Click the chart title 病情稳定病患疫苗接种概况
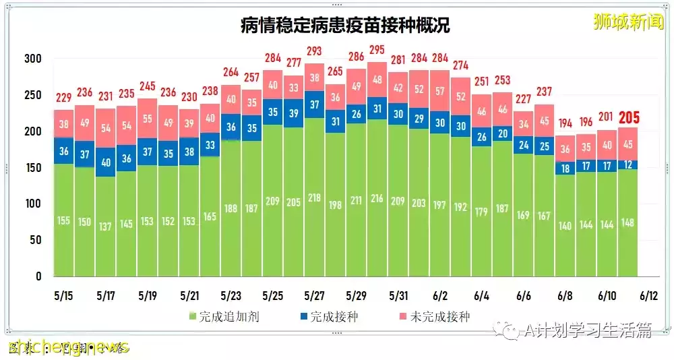tap(345, 26)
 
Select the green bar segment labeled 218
tap(314, 198)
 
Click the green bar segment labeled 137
tap(105, 226)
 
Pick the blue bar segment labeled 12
tap(627, 164)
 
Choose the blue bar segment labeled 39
tap(293, 113)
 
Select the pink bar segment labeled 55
tap(147, 118)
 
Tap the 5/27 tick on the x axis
tap(315, 295)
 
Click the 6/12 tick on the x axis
tap(648, 295)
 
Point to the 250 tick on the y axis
tap(33, 95)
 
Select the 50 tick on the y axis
tap(36, 240)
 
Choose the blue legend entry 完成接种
tap(329, 316)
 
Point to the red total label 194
tap(565, 123)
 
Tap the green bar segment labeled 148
tap(627, 223)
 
